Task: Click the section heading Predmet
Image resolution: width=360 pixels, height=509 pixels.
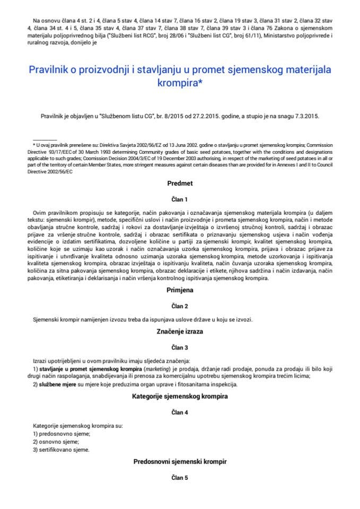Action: [180, 183]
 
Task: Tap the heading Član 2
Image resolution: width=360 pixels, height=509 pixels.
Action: [180, 306]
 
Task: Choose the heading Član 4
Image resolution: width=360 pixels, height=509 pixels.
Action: [180, 412]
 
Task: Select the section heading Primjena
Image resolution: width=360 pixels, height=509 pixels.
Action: [180, 291]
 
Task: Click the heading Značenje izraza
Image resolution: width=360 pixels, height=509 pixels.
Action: [180, 331]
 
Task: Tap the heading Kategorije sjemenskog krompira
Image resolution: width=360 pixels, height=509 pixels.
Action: [180, 396]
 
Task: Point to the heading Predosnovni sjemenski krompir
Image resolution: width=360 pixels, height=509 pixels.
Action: [180, 462]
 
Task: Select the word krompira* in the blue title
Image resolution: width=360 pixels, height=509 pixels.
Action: [180, 83]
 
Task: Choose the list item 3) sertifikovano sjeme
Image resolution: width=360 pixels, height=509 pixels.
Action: [61, 450]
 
